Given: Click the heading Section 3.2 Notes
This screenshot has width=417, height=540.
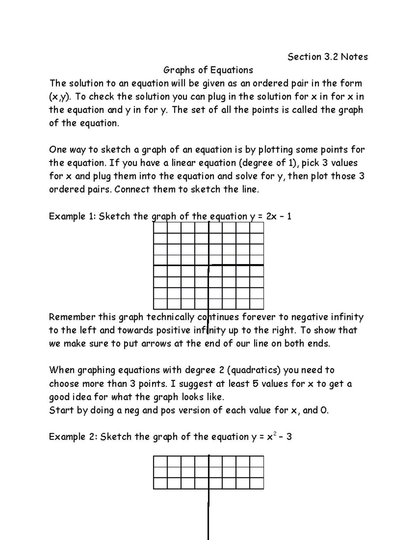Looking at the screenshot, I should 327,57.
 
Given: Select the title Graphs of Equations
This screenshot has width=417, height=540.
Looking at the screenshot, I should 208,70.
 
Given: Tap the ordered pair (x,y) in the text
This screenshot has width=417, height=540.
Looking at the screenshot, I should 58,97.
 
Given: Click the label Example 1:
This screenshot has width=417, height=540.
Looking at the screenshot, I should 72,216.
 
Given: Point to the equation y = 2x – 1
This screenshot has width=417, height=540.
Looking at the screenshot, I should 271,216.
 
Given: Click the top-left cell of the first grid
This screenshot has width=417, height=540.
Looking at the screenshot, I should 160,228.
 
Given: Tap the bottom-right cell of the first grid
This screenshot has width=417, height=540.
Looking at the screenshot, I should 256,304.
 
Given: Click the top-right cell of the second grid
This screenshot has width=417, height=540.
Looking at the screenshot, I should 256,461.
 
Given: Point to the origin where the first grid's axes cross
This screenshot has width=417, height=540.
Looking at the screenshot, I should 208,266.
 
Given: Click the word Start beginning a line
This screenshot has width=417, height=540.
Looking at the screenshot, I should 62,410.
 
